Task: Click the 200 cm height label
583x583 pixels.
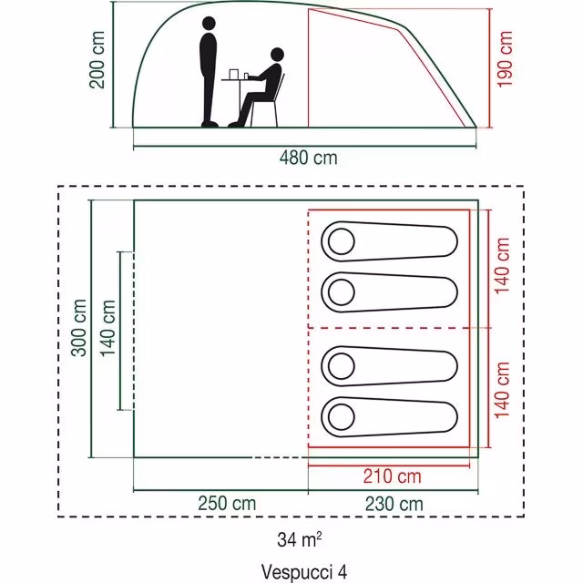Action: [97, 60]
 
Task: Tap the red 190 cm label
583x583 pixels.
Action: [505, 59]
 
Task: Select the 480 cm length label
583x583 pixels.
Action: [309, 158]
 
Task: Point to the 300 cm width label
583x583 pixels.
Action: [79, 328]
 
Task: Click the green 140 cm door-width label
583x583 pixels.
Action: [108, 328]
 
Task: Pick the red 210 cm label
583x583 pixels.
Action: [393, 476]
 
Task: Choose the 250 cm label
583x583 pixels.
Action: [227, 504]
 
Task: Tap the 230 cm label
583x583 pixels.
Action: [394, 504]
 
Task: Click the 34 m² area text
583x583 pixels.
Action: [300, 539]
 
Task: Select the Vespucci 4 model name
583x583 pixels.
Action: [304, 571]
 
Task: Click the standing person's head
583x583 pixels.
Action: [209, 24]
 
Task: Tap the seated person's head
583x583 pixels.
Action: [277, 55]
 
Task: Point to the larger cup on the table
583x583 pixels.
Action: [233, 74]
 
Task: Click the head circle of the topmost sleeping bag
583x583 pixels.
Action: [342, 241]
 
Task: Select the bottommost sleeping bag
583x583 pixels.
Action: [389, 417]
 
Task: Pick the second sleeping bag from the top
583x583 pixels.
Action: [389, 292]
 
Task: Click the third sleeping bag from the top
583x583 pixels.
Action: [389, 366]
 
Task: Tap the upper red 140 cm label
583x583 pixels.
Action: [502, 265]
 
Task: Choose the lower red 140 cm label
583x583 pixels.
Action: [502, 390]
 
